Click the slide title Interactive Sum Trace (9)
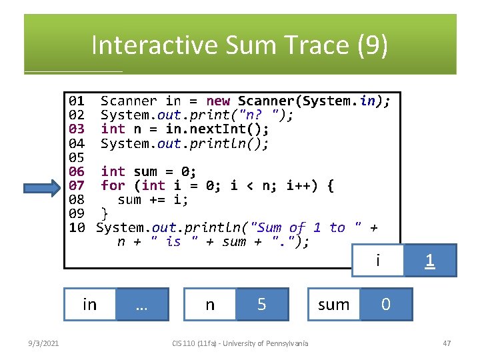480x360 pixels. (x=239, y=45)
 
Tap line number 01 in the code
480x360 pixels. (x=77, y=101)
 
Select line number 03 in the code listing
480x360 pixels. (x=77, y=129)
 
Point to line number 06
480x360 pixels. (x=77, y=171)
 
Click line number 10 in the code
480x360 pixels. (x=77, y=228)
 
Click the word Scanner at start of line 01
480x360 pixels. (x=129, y=101)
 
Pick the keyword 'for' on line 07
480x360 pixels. (x=113, y=185)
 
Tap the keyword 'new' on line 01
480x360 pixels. (x=218, y=101)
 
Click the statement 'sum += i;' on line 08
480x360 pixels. (x=153, y=199)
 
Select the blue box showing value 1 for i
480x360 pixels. (x=430, y=261)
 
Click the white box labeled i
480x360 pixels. (x=378, y=261)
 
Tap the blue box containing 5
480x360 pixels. (x=262, y=305)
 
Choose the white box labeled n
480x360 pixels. (x=210, y=305)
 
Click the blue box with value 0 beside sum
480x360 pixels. (x=386, y=305)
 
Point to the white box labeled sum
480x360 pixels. (x=334, y=305)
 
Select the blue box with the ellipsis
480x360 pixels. (x=141, y=305)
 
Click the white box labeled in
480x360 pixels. (x=89, y=305)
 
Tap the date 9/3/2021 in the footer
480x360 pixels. (x=43, y=343)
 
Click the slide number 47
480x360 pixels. (x=447, y=343)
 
